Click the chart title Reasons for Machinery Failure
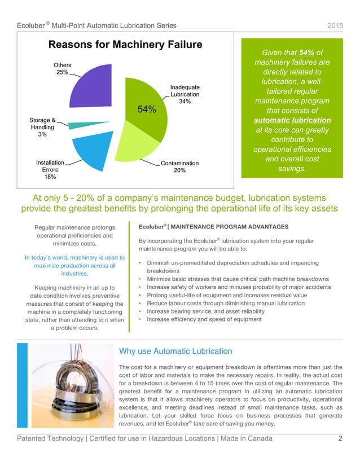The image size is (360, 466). tap(125, 45)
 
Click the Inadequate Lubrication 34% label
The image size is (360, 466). tap(185, 94)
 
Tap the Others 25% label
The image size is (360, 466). tap(63, 68)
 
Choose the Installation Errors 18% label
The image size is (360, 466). tap(50, 169)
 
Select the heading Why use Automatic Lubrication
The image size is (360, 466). tap(175, 351)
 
